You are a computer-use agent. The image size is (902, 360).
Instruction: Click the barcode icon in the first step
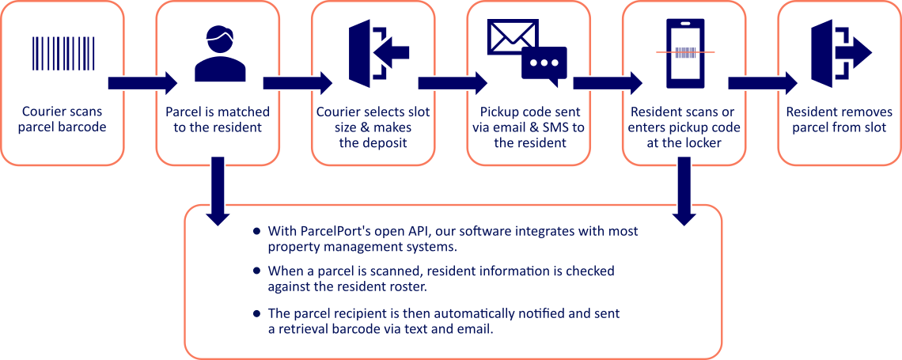click(62, 54)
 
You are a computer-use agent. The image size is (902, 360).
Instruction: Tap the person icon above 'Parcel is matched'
click(216, 54)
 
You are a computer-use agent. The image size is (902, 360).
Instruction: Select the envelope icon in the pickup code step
click(511, 36)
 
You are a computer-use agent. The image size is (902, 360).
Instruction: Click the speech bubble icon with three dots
click(544, 65)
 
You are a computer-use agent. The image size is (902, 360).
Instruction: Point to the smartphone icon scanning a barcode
click(685, 52)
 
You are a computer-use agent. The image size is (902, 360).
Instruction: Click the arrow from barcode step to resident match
click(142, 82)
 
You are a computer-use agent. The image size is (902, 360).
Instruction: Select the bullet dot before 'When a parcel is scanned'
click(256, 271)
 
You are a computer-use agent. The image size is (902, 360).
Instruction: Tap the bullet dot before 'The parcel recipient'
click(256, 313)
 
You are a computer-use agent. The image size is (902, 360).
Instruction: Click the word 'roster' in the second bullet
click(408, 286)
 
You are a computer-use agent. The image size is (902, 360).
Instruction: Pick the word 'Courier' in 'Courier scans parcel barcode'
click(44, 112)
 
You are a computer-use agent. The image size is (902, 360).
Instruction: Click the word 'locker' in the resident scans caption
click(700, 143)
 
